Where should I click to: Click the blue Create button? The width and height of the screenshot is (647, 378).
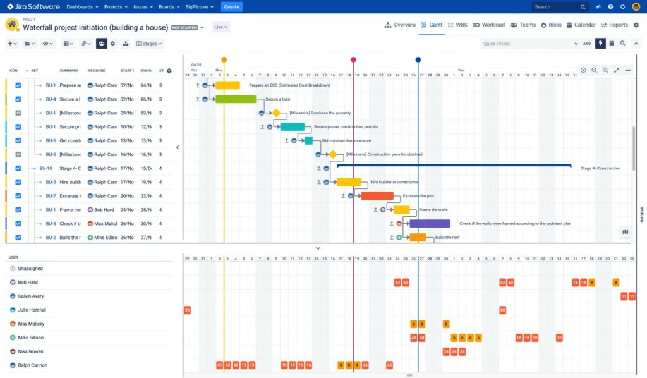pyautogui.click(x=231, y=7)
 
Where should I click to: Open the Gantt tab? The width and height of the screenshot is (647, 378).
pyautogui.click(x=431, y=25)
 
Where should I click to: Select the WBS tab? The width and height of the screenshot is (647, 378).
pyautogui.click(x=459, y=25)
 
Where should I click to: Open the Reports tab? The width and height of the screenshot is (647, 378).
pyautogui.click(x=614, y=25)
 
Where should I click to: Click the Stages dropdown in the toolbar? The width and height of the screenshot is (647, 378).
pyautogui.click(x=150, y=44)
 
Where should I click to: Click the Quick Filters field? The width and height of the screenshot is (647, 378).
pyautogui.click(x=528, y=44)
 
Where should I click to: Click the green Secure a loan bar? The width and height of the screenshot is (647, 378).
pyautogui.click(x=236, y=99)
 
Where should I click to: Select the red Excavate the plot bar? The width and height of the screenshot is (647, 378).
pyautogui.click(x=377, y=196)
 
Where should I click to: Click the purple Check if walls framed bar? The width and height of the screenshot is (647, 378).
pyautogui.click(x=430, y=223)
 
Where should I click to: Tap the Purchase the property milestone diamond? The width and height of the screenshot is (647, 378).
pyautogui.click(x=276, y=113)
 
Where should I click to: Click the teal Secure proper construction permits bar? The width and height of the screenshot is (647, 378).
pyautogui.click(x=293, y=127)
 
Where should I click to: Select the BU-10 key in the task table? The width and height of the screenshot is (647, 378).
pyautogui.click(x=45, y=169)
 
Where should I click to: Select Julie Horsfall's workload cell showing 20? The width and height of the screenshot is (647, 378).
pyautogui.click(x=187, y=310)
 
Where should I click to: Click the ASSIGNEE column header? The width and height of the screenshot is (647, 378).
pyautogui.click(x=96, y=71)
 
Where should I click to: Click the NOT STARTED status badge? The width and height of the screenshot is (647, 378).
pyautogui.click(x=184, y=28)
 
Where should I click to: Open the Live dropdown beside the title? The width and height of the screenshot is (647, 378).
pyautogui.click(x=221, y=27)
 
